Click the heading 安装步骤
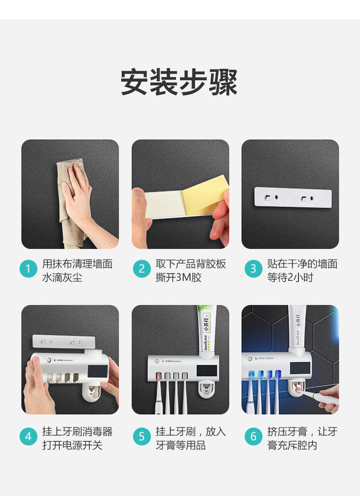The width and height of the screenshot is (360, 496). [x=179, y=82]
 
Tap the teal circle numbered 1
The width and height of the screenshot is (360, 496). [x=29, y=269]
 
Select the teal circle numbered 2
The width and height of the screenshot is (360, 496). [x=142, y=269]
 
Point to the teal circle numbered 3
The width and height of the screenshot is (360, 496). [x=253, y=269]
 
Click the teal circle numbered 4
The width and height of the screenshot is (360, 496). [x=29, y=437]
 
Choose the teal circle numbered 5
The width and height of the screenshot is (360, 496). [x=142, y=437]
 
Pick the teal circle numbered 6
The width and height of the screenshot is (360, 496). [x=253, y=437]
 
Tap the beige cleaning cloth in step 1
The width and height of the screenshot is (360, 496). [x=71, y=202]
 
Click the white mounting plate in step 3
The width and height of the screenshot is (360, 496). [x=293, y=197]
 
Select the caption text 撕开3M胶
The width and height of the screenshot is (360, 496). [x=178, y=277]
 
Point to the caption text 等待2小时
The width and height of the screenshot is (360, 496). [x=290, y=277]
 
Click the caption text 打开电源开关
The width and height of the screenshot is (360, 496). [x=72, y=445]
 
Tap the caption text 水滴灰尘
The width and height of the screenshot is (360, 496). [x=62, y=277]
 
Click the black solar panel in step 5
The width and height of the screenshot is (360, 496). [x=207, y=371]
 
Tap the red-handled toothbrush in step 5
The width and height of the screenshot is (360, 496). [x=158, y=393]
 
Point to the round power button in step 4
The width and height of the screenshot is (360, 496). [x=48, y=360]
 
